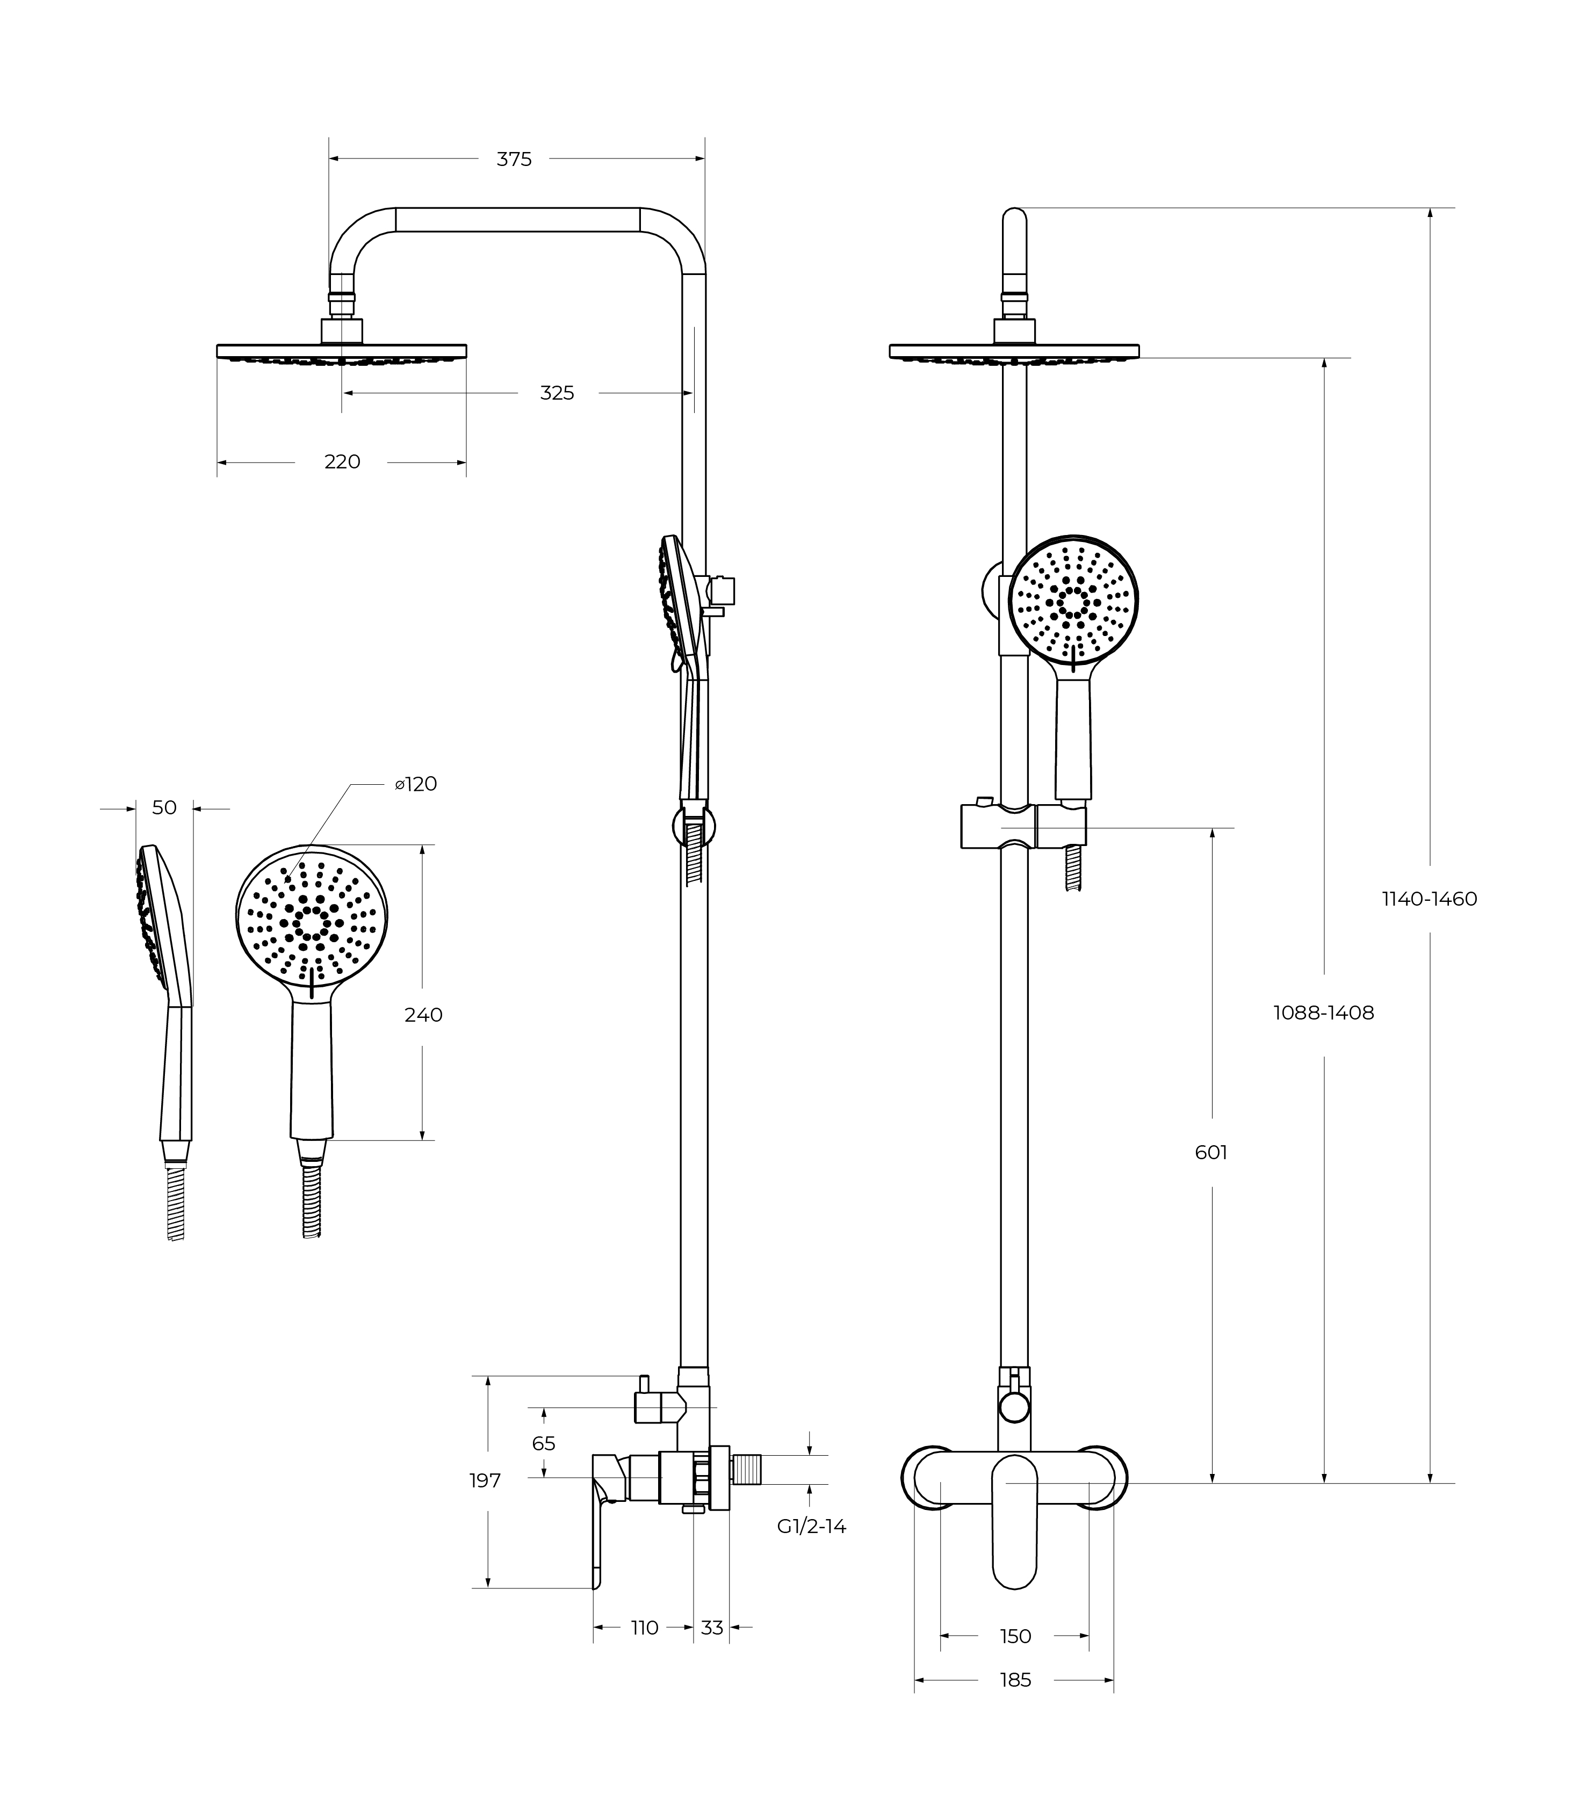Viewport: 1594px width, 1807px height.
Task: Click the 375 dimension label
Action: (x=514, y=159)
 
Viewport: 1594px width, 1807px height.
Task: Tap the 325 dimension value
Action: (x=557, y=393)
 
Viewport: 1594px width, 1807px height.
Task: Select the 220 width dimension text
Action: (x=342, y=461)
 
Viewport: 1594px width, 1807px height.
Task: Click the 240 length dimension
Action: (x=423, y=1015)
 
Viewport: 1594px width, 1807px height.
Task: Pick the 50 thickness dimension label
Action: (x=164, y=807)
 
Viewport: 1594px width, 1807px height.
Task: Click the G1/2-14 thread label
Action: (x=811, y=1526)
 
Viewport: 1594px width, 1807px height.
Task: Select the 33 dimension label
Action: (x=712, y=1628)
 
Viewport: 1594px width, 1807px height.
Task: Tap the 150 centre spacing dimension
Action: (x=1015, y=1636)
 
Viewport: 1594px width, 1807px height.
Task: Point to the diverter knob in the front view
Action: (x=1013, y=1406)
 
